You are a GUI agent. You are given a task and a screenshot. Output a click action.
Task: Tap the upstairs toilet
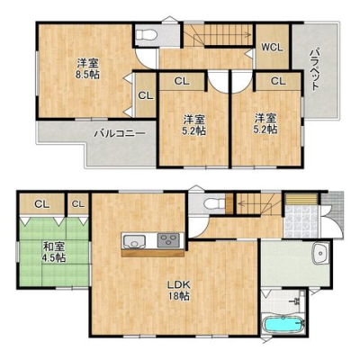(147, 34)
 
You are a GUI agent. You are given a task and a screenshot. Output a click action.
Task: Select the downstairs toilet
(213, 204)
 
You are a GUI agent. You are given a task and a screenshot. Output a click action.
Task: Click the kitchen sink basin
(135, 241)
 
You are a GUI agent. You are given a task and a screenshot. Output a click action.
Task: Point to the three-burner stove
(169, 240)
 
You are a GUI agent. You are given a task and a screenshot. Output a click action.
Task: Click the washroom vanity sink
(321, 254)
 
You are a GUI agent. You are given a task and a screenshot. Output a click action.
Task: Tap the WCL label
(272, 48)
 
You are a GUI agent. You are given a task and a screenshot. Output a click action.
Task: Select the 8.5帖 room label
(87, 69)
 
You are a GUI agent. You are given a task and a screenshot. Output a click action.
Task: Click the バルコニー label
(120, 133)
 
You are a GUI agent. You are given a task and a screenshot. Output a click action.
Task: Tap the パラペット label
(314, 69)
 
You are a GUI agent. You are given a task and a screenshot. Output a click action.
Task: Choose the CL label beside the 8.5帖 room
(146, 95)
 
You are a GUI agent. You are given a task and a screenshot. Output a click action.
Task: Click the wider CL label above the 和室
(42, 204)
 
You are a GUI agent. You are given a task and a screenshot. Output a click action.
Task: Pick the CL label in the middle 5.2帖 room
(182, 81)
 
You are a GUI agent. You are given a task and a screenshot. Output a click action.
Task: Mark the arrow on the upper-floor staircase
(223, 35)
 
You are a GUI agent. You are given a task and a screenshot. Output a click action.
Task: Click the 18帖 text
(178, 296)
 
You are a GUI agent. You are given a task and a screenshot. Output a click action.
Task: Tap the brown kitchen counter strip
(153, 254)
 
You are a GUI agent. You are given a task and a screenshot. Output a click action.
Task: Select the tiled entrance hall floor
(301, 221)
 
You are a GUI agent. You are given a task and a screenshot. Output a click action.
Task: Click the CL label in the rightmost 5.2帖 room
(278, 81)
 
